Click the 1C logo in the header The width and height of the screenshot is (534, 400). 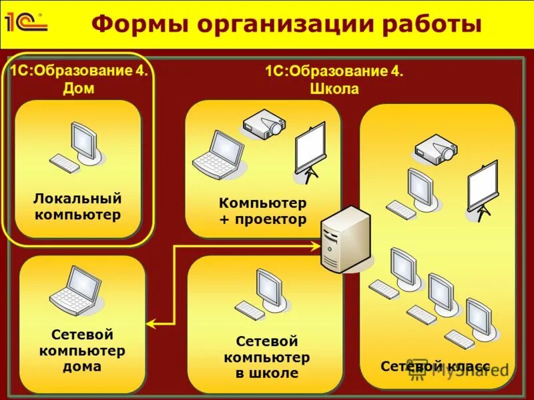[x=25, y=22]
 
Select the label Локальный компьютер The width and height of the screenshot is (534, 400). [x=78, y=207]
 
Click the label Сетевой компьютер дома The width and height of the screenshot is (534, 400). [x=81, y=351]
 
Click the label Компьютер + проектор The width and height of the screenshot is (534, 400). [x=262, y=211]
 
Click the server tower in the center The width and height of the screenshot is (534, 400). [x=345, y=240]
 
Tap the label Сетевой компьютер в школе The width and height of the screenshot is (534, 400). [x=266, y=357]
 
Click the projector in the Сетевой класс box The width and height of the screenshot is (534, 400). [x=435, y=149]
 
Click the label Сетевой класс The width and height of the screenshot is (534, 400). [x=435, y=367]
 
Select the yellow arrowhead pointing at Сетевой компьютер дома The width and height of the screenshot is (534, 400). [x=151, y=324]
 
